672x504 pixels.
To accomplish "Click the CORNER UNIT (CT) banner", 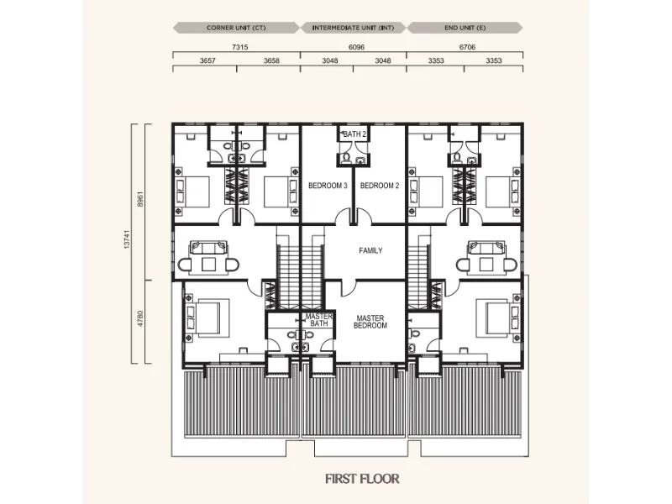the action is click(236, 28).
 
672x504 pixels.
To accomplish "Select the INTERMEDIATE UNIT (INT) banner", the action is click(353, 28).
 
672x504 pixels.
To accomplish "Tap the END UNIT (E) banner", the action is click(465, 28).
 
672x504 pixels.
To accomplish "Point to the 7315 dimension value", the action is click(240, 47).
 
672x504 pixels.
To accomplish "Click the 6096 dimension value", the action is click(356, 47).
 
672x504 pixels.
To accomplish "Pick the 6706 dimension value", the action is click(467, 47).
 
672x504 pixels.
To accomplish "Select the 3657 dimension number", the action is click(207, 60).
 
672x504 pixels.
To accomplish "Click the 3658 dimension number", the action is click(271, 60).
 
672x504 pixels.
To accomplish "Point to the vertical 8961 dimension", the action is click(140, 198).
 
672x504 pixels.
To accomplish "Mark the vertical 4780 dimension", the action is click(140, 319).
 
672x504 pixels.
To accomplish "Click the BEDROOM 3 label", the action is click(328, 186).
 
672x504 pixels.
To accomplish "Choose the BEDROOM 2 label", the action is click(380, 186).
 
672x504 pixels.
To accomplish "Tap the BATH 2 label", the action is click(354, 134).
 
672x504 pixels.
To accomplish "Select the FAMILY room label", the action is click(370, 250).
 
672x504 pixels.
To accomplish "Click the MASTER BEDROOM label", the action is click(370, 322).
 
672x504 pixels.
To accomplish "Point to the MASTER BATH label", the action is click(319, 320).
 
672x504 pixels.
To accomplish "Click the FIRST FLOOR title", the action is click(362, 479).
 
